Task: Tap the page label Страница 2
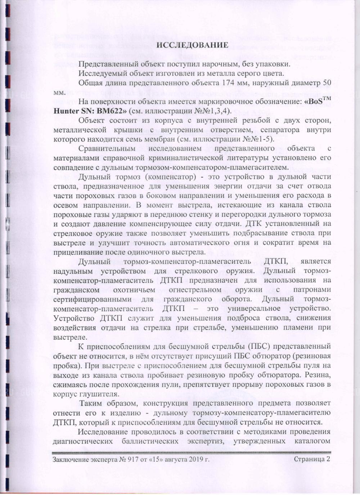click(x=312, y=459)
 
